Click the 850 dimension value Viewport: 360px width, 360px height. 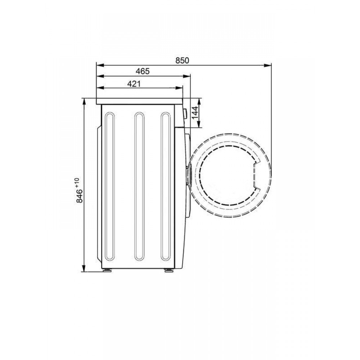(182, 60)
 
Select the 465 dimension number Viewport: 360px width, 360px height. (143, 71)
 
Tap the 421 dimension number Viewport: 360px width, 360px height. (134, 84)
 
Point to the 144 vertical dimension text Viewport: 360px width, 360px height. (195, 113)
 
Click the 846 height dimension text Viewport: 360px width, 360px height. (80, 196)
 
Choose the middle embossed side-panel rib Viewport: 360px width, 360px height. (139, 186)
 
